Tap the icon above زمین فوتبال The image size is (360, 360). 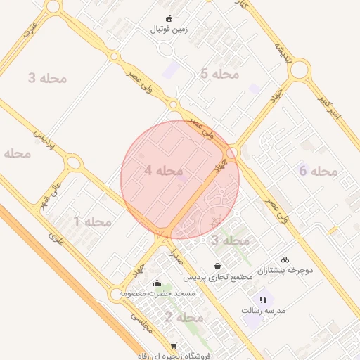169,18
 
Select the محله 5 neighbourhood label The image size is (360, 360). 219,74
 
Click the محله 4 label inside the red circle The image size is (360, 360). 163,170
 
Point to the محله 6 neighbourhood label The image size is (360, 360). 319,171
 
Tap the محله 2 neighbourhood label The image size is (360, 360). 184,318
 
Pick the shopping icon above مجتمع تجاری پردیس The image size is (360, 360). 219,266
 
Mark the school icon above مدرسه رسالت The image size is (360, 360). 263,299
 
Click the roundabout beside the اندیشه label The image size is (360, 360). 299,70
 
